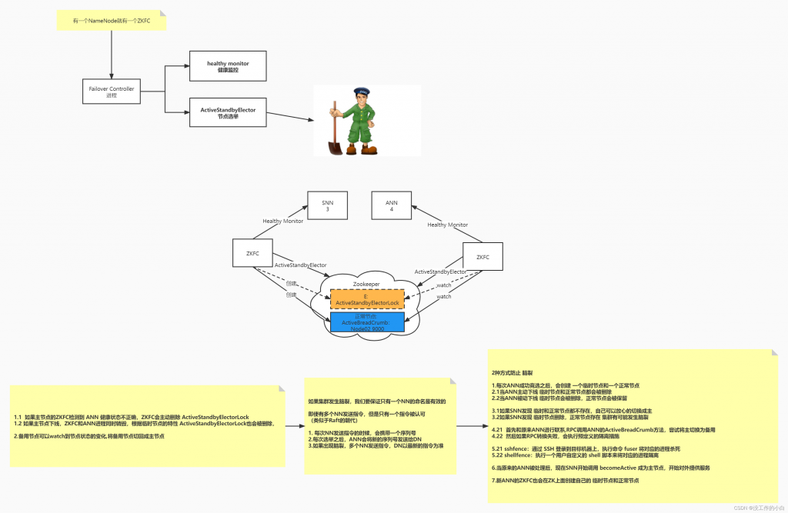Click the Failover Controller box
pos(111,92)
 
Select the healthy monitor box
pos(228,65)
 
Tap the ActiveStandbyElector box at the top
pos(228,113)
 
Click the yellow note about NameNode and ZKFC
pos(111,21)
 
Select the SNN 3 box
pos(326,205)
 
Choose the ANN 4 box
pos(391,205)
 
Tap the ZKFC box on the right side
pos(482,257)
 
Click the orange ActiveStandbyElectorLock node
pos(367,299)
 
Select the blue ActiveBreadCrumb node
pos(367,322)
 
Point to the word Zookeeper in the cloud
pos(366,284)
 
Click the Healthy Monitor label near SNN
pos(282,221)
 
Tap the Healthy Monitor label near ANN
pos(447,225)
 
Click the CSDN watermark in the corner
pos(758,508)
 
